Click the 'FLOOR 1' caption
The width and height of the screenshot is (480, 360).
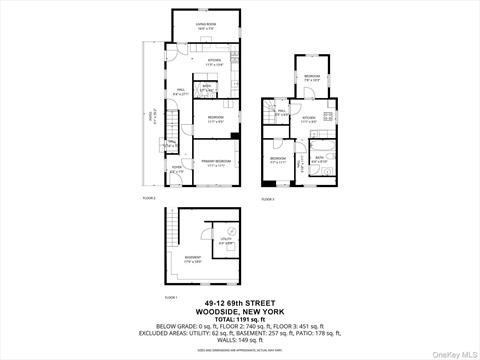click(x=170, y=297)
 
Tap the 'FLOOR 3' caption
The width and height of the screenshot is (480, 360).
click(x=267, y=200)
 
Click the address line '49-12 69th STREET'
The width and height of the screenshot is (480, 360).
click(x=240, y=304)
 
